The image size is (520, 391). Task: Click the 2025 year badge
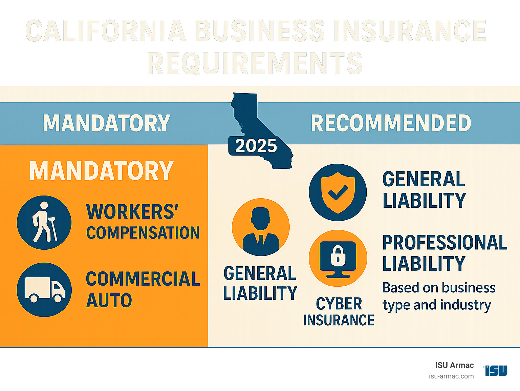click(256, 146)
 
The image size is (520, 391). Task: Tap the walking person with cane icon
click(44, 222)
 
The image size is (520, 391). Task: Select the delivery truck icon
click(44, 290)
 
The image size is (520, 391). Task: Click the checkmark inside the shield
click(338, 192)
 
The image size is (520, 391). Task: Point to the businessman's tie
click(260, 239)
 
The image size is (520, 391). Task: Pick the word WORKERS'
click(132, 212)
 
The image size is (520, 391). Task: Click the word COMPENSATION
click(143, 233)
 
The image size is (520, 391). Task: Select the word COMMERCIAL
click(143, 279)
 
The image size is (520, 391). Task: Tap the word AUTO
click(109, 301)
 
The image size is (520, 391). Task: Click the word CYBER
click(339, 304)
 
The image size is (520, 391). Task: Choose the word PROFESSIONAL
click(445, 243)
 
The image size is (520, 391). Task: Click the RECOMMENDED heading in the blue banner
click(391, 123)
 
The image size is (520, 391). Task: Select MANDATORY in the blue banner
click(106, 123)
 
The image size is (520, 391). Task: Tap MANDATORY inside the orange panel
click(102, 171)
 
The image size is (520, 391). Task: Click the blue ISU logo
click(496, 370)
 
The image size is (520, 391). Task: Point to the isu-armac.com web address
click(451, 376)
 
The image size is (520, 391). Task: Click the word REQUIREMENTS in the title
click(255, 63)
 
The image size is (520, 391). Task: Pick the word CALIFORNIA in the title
click(106, 31)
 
